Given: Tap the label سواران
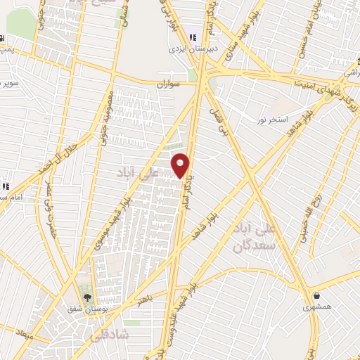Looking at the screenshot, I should tap(169, 84).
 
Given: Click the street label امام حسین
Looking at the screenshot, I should tap(336, 31).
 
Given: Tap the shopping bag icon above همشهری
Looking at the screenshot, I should tap(318, 295).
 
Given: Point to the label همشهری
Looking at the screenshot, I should tap(318, 307).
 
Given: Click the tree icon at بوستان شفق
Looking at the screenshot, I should tap(87, 297).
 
